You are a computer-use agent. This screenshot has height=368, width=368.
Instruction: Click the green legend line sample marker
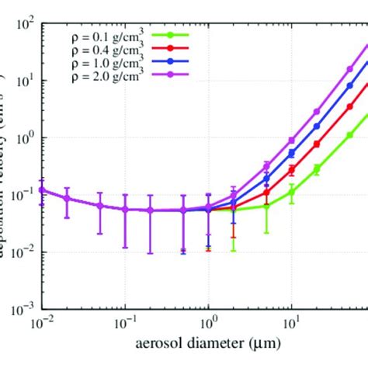coord(179,35)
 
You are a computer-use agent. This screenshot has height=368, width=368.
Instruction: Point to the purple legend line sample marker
coord(179,73)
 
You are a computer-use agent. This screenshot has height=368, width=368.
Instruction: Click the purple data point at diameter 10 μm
coord(292,141)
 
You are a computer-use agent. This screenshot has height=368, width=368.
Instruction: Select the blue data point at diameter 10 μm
coord(292,154)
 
